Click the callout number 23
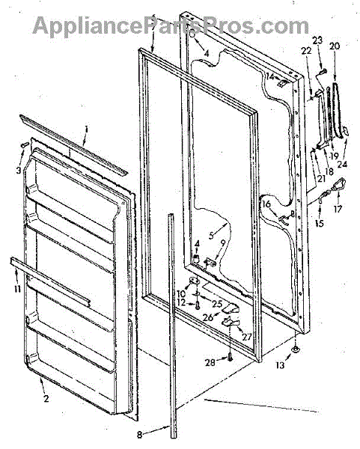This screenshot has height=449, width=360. [x=317, y=40]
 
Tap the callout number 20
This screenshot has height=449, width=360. [x=335, y=46]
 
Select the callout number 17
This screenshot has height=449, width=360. [x=338, y=209]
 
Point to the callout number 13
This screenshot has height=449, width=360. [x=281, y=365]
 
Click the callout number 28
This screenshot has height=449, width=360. [x=210, y=362]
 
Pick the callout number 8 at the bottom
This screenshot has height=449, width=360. [x=139, y=435]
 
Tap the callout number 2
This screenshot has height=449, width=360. [x=46, y=398]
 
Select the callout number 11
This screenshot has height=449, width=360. [x=18, y=289]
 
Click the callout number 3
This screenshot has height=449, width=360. [x=19, y=171]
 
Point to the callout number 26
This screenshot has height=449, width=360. [x=208, y=317]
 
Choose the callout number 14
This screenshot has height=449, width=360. [x=269, y=76]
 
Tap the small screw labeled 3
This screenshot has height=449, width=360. [x=25, y=144]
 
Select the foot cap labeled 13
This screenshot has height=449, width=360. [x=296, y=349]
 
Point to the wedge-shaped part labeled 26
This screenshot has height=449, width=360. [x=231, y=308]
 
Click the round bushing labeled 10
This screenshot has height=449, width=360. [x=195, y=281]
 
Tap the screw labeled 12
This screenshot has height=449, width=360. [x=198, y=305]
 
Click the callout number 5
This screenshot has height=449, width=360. [x=211, y=236]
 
